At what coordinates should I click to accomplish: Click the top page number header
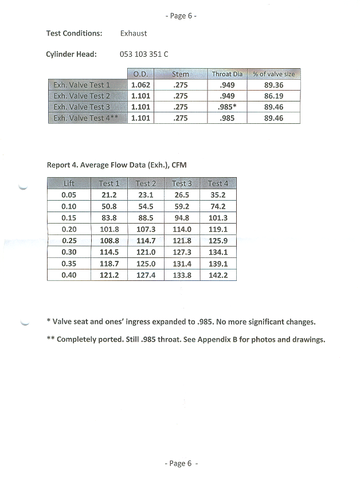click(181, 16)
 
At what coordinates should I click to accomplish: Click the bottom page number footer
click(181, 464)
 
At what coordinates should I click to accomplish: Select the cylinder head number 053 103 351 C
click(144, 54)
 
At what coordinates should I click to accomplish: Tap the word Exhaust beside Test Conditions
click(134, 33)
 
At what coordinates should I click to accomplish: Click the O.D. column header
click(140, 74)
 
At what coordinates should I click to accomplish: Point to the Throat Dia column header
click(227, 74)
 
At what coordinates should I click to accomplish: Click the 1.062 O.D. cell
click(140, 85)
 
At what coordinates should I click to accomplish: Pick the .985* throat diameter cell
click(227, 107)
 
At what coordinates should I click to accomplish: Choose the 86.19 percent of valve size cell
click(273, 96)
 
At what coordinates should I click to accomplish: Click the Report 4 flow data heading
click(116, 165)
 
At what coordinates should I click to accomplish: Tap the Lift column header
click(68, 183)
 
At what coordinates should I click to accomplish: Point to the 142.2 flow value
click(218, 275)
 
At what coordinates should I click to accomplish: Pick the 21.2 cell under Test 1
click(109, 195)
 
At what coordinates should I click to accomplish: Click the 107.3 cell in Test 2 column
click(146, 229)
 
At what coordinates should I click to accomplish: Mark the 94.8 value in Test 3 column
click(182, 218)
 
